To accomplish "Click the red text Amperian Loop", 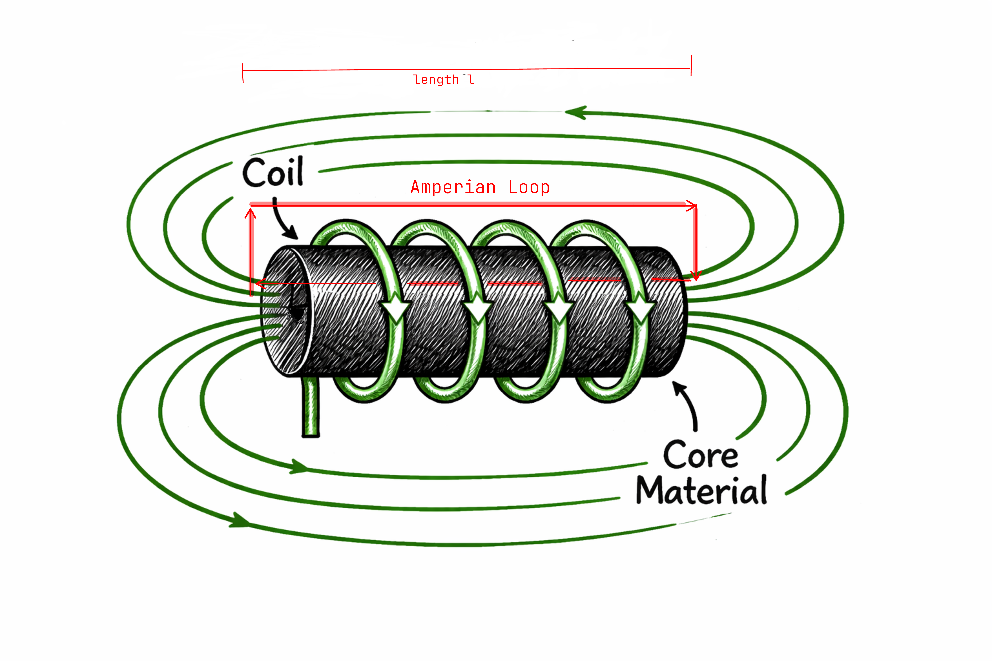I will (480, 187).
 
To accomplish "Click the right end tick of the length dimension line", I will (691, 65).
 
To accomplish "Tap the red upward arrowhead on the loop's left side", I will (250, 214).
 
